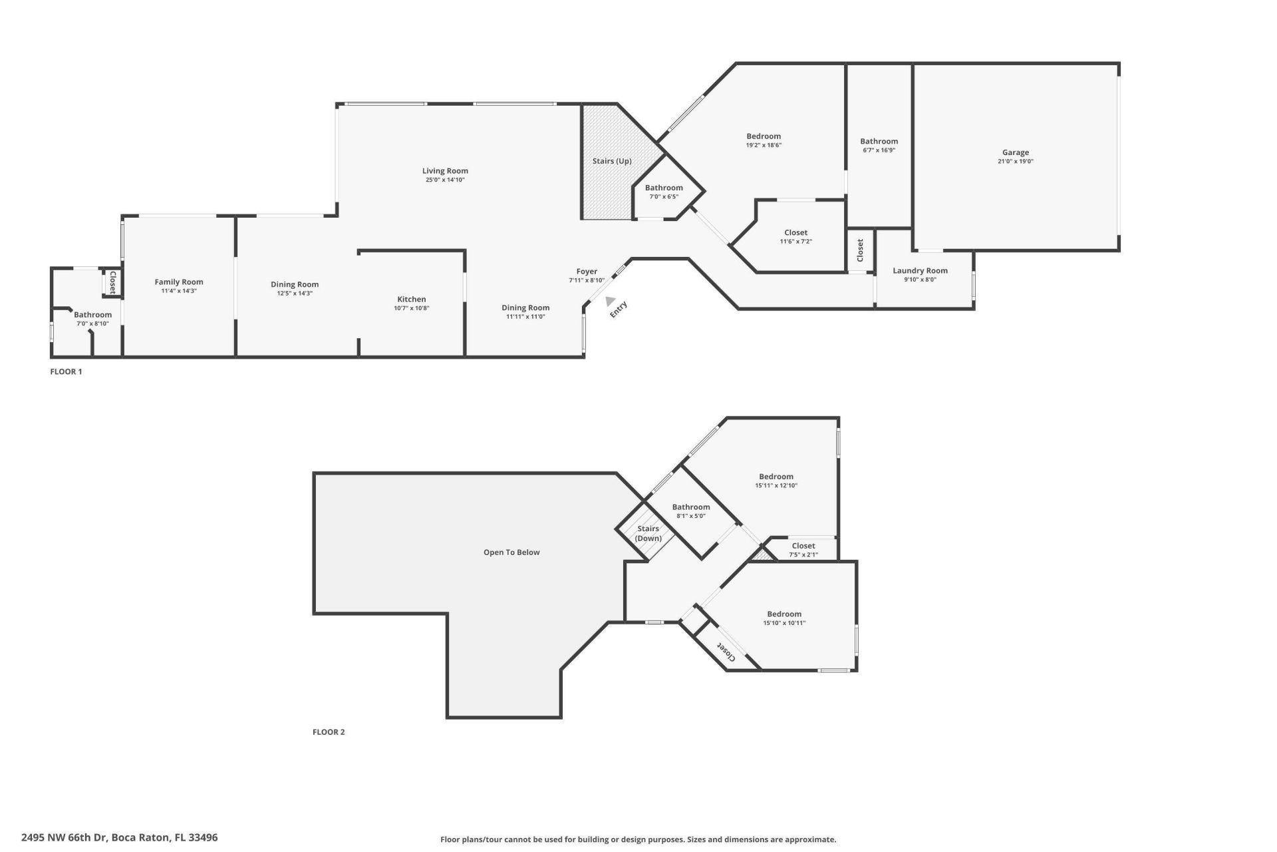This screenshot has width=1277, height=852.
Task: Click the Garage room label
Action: click(x=1015, y=152)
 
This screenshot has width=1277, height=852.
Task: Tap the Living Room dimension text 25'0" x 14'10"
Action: click(x=445, y=180)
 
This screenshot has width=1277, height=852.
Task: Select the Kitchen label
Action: click(x=411, y=299)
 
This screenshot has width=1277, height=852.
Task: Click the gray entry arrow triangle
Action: click(x=609, y=302)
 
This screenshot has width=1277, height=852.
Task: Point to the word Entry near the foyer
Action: click(x=619, y=310)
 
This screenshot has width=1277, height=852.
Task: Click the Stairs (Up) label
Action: click(x=612, y=161)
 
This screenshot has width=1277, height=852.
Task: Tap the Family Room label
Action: click(x=179, y=282)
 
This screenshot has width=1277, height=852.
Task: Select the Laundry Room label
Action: click(x=920, y=270)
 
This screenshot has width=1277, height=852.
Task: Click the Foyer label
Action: click(x=587, y=271)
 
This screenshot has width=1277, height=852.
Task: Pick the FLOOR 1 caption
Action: click(x=66, y=371)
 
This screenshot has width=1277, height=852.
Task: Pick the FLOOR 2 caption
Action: click(x=329, y=732)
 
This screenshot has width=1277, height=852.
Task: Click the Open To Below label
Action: click(x=511, y=552)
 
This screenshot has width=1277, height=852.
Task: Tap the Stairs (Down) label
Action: click(x=648, y=533)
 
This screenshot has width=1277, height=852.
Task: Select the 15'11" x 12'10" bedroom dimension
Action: click(x=776, y=485)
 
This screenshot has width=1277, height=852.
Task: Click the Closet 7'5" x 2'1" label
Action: click(x=803, y=546)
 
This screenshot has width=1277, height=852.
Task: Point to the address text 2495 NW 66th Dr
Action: click(x=64, y=837)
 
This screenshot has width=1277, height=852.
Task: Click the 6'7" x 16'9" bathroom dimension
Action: click(x=879, y=150)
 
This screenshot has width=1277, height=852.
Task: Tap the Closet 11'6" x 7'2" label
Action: click(x=795, y=233)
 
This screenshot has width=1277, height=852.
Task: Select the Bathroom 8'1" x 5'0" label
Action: click(x=691, y=507)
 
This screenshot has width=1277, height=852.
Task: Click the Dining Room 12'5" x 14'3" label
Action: click(x=295, y=284)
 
